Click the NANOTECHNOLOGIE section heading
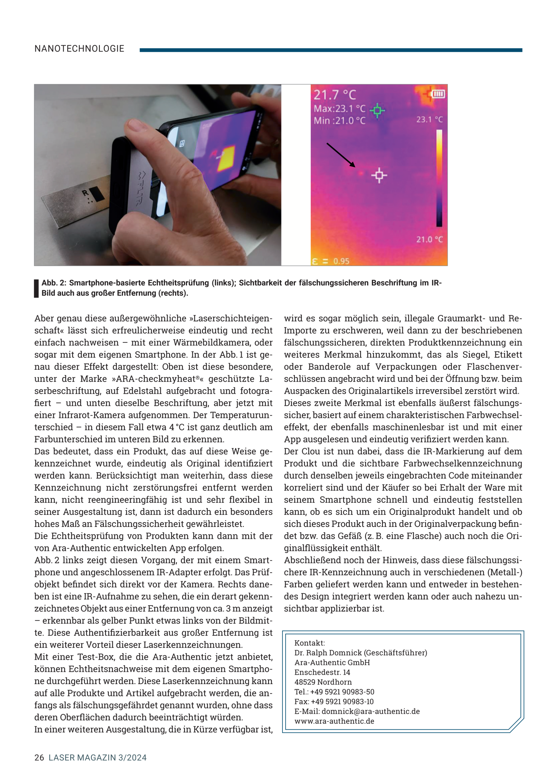(79, 49)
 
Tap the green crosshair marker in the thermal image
(377, 110)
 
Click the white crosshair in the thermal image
(379, 175)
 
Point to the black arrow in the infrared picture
(340, 155)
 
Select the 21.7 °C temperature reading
(335, 95)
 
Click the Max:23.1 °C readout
(339, 109)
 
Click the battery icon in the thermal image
(438, 93)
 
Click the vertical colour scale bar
(439, 178)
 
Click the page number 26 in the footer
(39, 758)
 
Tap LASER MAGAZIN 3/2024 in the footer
(98, 758)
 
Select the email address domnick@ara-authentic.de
(370, 711)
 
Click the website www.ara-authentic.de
(334, 721)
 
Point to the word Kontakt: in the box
(309, 643)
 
